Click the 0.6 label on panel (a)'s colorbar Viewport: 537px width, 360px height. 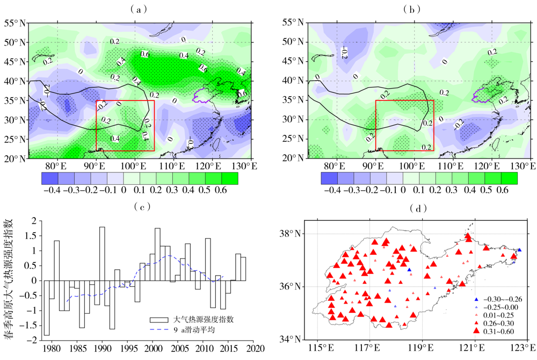point(229,190)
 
